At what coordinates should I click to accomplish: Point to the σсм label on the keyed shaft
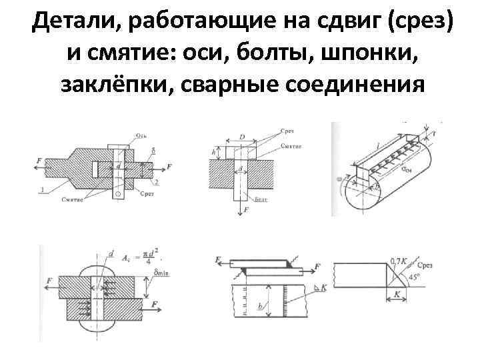[406, 171]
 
